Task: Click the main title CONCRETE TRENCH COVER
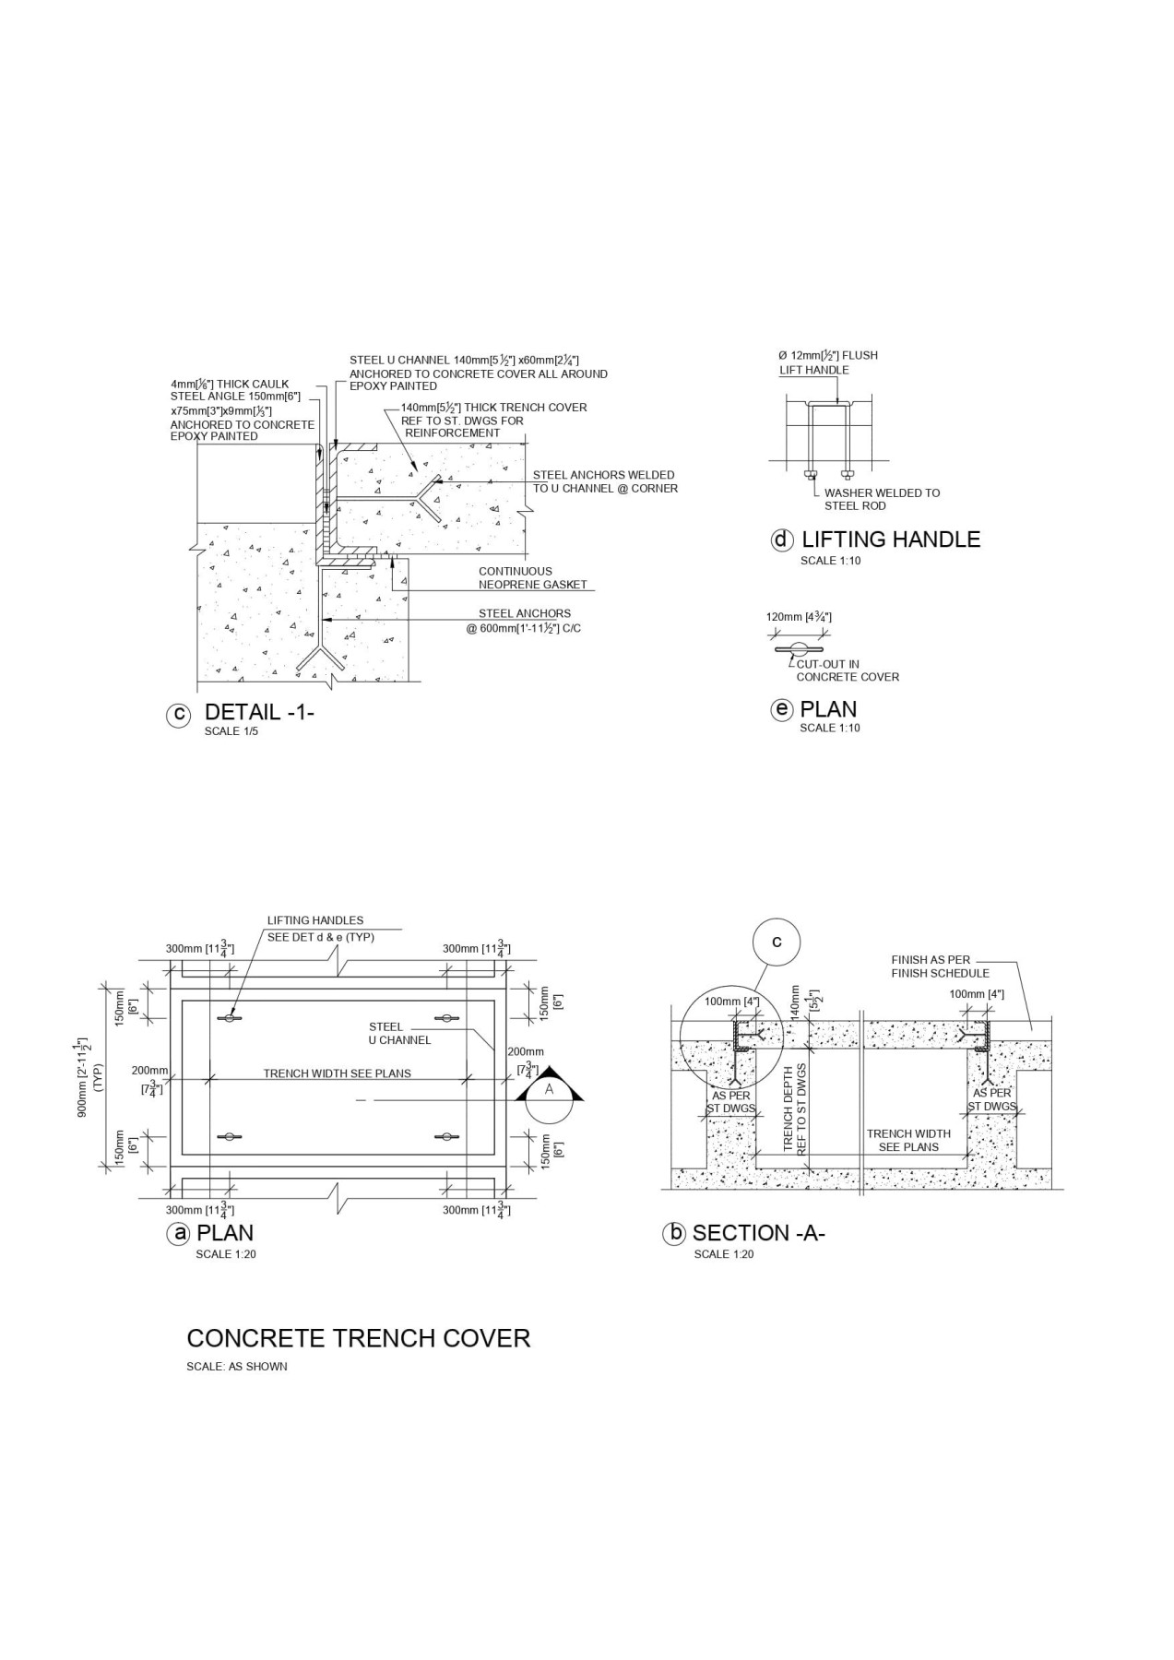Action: point(359,1338)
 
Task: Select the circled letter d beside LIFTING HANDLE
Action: point(782,540)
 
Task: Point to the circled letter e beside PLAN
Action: point(782,709)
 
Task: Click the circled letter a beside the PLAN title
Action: point(178,1233)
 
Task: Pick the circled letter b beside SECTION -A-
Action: point(674,1233)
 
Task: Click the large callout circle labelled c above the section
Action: point(777,942)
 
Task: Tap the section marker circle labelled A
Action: point(550,1089)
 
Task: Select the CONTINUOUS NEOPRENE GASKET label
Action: point(532,578)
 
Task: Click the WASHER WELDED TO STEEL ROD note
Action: point(882,499)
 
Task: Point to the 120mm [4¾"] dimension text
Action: point(799,617)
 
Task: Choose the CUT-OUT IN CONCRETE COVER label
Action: point(847,670)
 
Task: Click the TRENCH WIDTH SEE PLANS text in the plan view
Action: point(338,1073)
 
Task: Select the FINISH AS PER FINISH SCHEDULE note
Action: point(940,966)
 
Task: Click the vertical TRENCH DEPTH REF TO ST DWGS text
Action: point(794,1110)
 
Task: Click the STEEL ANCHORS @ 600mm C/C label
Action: point(526,621)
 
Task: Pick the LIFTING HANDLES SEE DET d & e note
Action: point(320,928)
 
